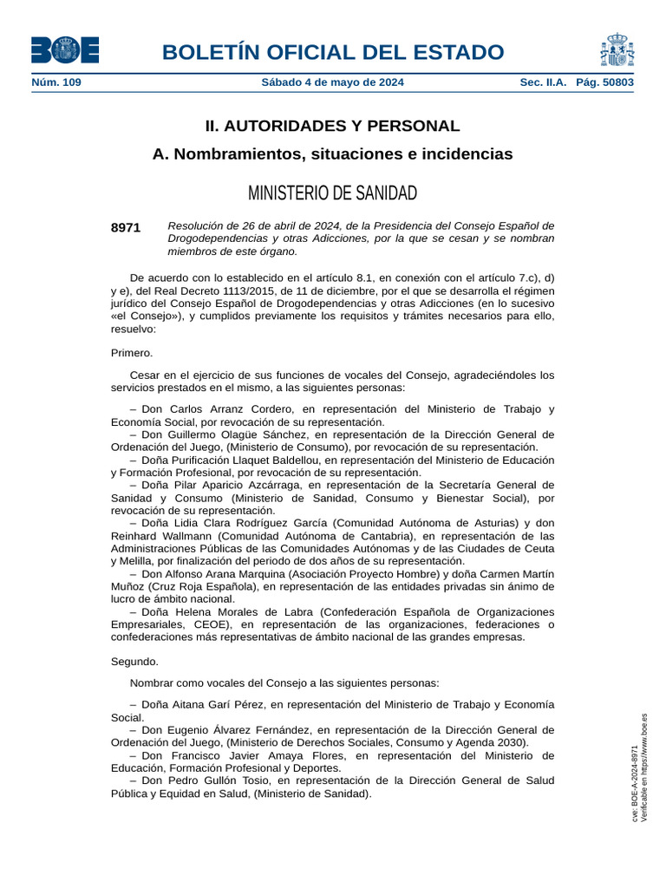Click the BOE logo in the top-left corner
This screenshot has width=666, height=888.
65,49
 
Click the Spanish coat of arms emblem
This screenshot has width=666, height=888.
616,49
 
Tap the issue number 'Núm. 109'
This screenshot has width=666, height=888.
56,82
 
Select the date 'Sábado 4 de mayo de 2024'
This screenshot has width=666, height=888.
332,82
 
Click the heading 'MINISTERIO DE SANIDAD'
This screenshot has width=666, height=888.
332,192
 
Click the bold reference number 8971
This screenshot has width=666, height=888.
126,227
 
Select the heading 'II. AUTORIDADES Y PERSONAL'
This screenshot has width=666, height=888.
332,126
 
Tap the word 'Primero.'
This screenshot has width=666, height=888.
132,353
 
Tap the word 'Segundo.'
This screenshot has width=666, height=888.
134,662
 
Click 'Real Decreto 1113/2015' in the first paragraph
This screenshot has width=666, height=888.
236,291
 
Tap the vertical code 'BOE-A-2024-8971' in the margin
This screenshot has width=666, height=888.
635,784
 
